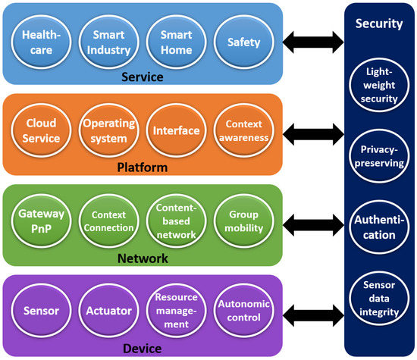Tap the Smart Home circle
pos(174,42)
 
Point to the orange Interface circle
pos(174,131)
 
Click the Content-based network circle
pos(174,221)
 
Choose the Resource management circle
pos(174,311)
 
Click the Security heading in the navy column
pos(378,23)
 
